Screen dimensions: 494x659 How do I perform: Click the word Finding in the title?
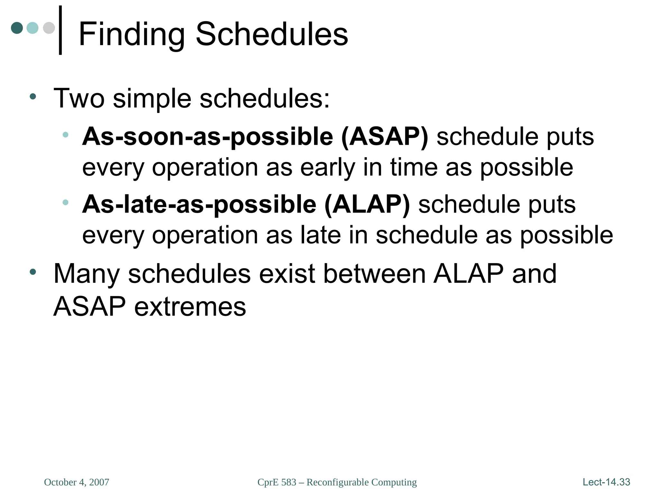132,34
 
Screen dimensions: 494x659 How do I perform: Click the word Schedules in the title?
272,34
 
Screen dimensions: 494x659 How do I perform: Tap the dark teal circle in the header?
17,28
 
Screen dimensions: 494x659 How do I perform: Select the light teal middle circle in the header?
32,28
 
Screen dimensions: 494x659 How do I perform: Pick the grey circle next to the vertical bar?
49,28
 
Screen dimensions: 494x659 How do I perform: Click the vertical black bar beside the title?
60,30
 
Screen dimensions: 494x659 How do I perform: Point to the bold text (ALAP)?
367,205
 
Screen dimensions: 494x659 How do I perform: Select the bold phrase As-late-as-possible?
199,205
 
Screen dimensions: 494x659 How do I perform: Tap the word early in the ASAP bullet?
328,168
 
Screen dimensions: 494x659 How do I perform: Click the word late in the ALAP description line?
320,235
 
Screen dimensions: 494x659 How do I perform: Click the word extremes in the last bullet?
190,306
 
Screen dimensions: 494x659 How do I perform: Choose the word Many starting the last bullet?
87,274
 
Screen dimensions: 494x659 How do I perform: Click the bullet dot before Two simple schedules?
32,96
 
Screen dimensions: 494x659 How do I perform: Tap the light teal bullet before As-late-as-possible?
65,202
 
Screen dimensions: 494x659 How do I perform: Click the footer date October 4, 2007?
77,482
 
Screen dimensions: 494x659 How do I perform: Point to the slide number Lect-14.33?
606,482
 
